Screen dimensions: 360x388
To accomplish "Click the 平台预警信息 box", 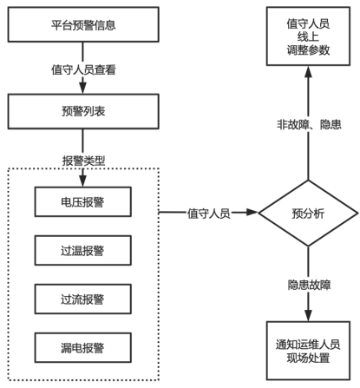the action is pos(83,24).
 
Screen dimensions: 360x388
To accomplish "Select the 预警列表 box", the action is pos(83,111).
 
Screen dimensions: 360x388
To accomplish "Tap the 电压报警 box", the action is pos(83,201).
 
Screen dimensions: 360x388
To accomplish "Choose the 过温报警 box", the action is pos(83,250).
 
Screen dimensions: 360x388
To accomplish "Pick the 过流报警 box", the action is pos(83,299).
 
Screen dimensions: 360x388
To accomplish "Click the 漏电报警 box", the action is pos(83,347).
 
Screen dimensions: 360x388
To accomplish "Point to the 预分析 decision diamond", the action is pos(308,214).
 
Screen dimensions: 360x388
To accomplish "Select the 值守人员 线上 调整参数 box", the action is pos(308,36).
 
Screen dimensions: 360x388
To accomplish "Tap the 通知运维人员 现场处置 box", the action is pos(308,351).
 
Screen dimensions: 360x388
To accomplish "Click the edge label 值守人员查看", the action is pos(83,69).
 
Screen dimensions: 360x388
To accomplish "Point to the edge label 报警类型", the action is pos(83,161).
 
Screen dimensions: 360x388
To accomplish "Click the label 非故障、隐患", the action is pos(309,124).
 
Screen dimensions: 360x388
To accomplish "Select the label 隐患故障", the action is pos(309,285).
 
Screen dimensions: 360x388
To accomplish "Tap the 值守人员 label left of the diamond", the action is pos(208,214).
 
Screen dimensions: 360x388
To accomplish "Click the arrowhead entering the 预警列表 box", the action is pos(83,88).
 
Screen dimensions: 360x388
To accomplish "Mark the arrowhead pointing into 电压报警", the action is pos(83,181).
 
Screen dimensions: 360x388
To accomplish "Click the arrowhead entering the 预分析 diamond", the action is pos(252,213).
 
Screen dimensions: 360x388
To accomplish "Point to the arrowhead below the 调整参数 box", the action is pos(308,72).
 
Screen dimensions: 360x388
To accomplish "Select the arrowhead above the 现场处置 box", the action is pos(308,315).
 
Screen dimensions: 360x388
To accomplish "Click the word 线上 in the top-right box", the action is pos(308,36).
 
